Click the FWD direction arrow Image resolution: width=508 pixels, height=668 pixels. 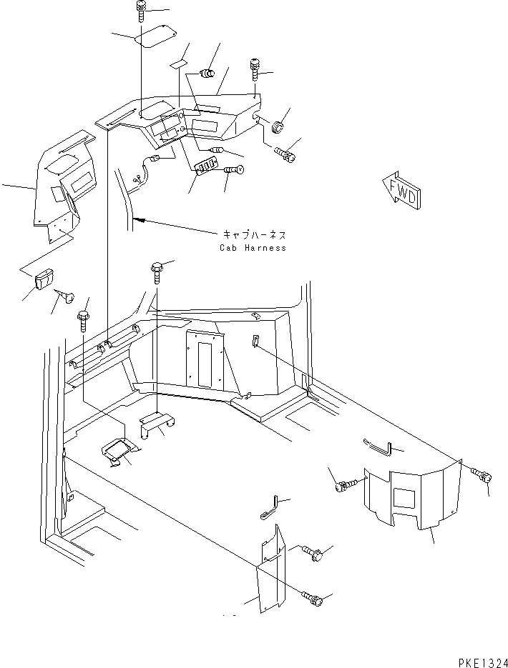[x=401, y=191]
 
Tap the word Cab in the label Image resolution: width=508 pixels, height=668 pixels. [x=228, y=247]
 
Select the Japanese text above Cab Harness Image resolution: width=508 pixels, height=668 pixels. [x=254, y=235]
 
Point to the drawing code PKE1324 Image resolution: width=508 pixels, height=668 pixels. [x=483, y=662]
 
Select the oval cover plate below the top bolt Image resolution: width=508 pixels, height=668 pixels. [x=155, y=36]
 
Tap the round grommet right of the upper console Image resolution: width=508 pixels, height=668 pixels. [x=278, y=126]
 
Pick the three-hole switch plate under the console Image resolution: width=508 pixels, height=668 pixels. [x=207, y=165]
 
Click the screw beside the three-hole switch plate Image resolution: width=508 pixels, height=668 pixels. [x=234, y=170]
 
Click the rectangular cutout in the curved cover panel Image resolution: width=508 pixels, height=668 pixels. [x=404, y=498]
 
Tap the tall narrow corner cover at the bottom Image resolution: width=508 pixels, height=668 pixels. [x=270, y=569]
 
